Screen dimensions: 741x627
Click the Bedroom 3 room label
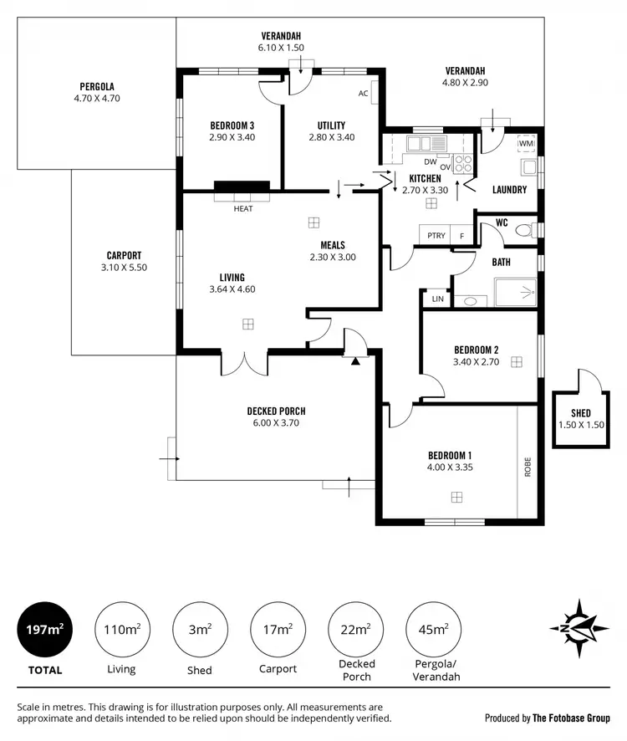232,126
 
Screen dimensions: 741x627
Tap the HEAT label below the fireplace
242,208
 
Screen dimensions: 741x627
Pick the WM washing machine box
526,144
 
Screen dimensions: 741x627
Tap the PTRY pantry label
436,236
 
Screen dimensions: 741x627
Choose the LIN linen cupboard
437,299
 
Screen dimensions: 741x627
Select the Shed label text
580,413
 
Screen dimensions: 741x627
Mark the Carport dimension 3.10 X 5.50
124,268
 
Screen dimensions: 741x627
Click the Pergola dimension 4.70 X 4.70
97,98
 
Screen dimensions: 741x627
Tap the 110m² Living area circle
120,630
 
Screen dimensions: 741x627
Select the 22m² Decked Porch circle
357,630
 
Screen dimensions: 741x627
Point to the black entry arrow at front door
355,360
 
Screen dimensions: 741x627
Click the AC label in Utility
364,94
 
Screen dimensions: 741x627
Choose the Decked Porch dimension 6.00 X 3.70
276,423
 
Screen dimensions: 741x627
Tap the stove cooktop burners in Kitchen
463,164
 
